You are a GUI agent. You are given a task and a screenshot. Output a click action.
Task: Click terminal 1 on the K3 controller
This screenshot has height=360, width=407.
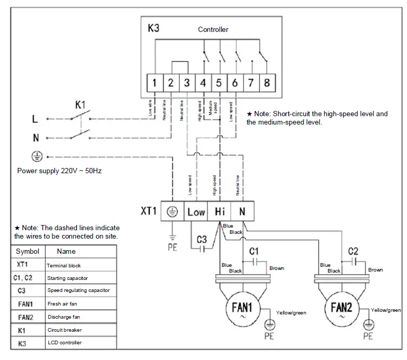155,83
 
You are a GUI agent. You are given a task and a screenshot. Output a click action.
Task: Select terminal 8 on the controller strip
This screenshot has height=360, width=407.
268,83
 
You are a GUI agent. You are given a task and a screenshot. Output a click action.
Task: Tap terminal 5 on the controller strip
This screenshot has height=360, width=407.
219,83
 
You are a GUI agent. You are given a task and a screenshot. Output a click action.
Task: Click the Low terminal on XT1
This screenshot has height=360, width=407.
196,212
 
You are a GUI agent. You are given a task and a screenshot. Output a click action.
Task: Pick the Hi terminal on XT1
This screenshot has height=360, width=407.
220,212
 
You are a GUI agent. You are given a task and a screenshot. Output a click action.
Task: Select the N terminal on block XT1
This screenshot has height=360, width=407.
242,212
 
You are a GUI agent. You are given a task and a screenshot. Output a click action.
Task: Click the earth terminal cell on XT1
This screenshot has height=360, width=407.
172,212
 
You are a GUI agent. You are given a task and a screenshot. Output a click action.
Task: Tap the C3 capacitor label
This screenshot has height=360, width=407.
202,239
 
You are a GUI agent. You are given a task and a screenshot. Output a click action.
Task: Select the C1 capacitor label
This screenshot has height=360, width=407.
254,252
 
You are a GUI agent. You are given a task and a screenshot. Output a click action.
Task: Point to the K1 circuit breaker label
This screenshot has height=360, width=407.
80,105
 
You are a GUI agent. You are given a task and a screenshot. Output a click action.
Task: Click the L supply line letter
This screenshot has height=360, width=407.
35,119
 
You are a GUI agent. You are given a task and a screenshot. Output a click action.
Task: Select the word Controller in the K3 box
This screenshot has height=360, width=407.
213,29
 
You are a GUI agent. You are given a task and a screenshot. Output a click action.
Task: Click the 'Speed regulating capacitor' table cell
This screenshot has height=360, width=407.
78,290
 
